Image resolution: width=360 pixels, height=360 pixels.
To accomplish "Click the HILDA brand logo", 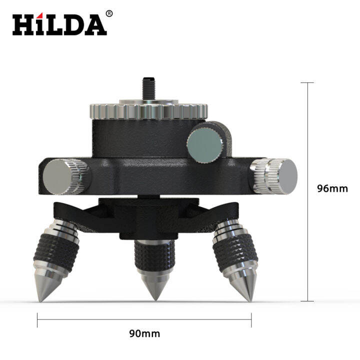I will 59,23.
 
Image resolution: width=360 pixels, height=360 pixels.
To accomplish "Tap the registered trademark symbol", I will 109,13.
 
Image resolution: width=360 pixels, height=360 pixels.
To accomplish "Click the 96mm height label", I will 332,188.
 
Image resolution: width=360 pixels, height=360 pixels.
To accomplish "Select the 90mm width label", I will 144,333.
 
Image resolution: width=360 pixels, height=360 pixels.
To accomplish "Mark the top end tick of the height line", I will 307,83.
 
